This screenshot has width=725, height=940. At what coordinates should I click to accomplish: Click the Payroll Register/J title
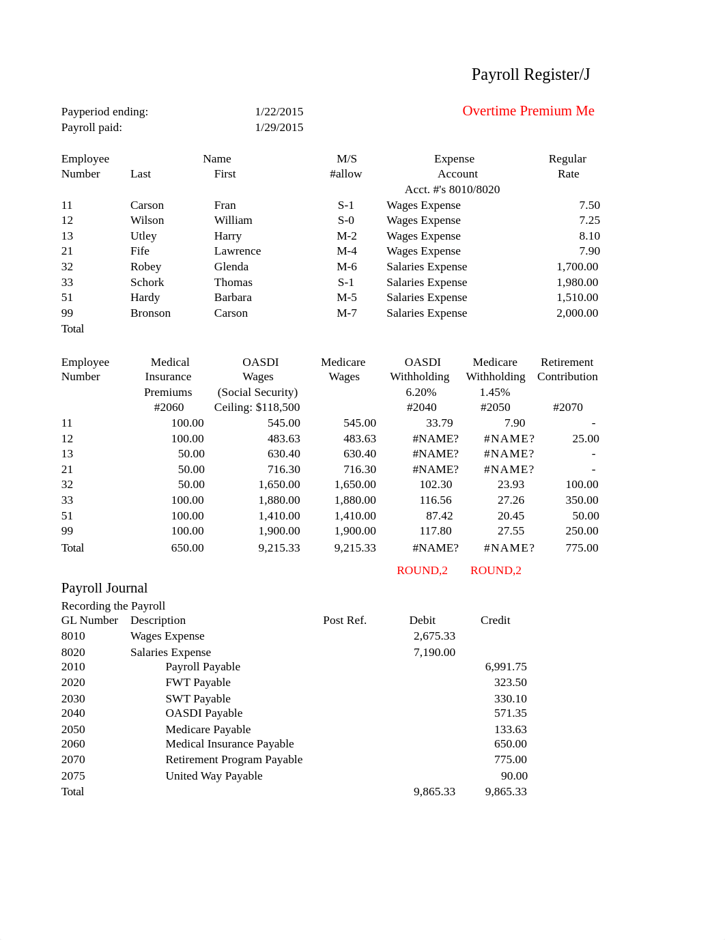click(530, 74)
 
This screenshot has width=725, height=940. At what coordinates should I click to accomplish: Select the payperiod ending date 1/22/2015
click(279, 111)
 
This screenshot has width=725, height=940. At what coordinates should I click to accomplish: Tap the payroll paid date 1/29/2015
click(279, 127)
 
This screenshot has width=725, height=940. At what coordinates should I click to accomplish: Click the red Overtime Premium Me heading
click(528, 111)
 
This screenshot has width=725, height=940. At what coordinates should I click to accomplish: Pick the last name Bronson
click(150, 313)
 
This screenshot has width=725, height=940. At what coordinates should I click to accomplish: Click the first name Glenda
click(231, 266)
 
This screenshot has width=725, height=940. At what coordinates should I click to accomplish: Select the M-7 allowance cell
click(346, 313)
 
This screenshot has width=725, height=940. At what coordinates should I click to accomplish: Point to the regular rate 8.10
click(588, 236)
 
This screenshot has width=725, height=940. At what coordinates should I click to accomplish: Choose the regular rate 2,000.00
click(577, 313)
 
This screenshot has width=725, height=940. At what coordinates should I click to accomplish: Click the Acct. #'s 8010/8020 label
click(452, 189)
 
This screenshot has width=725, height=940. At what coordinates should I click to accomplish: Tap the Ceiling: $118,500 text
click(257, 407)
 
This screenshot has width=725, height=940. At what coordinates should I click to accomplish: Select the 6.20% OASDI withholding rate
click(421, 392)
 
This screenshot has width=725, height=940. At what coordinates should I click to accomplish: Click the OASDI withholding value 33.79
click(439, 423)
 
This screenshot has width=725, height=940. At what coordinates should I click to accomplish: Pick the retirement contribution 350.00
click(582, 500)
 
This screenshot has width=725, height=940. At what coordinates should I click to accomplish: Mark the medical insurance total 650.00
click(187, 547)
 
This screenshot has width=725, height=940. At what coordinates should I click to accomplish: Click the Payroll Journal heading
click(104, 588)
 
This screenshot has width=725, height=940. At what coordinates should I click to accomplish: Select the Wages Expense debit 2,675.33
click(434, 636)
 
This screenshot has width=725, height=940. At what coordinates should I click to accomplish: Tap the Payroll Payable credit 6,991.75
click(505, 666)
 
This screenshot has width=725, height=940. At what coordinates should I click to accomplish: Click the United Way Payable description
click(214, 775)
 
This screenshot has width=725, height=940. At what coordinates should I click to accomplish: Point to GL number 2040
click(73, 713)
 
